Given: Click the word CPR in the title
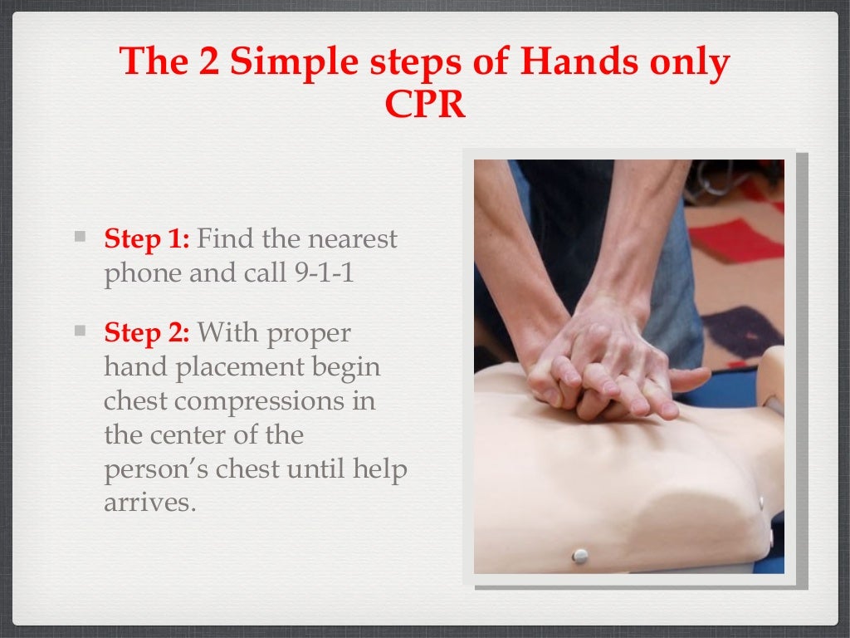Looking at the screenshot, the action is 425,104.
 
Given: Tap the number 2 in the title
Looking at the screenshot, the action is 209,61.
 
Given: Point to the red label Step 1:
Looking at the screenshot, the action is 147,238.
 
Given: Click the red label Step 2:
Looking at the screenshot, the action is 147,332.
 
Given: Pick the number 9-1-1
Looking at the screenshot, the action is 325,272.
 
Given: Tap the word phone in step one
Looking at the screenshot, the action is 143,274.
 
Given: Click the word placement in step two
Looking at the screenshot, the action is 240,368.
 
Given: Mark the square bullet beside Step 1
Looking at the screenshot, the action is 81,237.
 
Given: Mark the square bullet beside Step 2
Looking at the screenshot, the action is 81,331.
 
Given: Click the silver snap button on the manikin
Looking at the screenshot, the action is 580,556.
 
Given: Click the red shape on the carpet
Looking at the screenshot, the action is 735,240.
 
